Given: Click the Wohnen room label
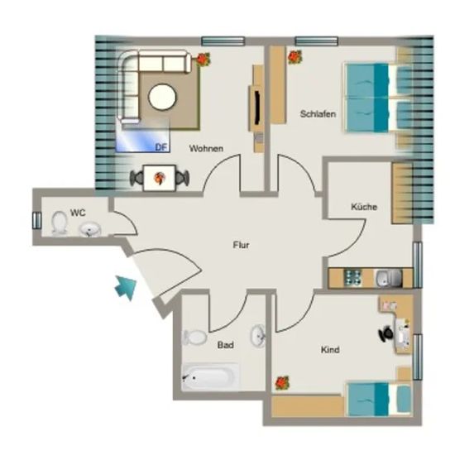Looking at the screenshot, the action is click(206, 149).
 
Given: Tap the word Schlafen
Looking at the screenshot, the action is click(318, 114).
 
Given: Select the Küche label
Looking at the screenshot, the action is click(364, 207).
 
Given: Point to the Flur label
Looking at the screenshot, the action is click(241, 245).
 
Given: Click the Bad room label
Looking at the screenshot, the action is click(226, 345).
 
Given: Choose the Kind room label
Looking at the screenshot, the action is click(330, 350).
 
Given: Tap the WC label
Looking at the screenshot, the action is click(78, 213).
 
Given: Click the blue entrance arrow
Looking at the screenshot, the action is click(126, 287).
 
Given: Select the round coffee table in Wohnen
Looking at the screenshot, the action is click(162, 97).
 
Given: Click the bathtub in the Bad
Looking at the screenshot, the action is click(211, 376).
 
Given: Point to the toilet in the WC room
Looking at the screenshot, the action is click(60, 223).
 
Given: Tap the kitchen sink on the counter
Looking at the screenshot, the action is click(389, 278).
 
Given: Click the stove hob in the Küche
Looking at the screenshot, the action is click(353, 277).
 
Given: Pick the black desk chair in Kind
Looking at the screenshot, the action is click(386, 333).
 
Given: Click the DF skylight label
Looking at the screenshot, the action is click(161, 147).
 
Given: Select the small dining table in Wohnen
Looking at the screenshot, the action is click(160, 178).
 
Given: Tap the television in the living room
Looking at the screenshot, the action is click(256, 108).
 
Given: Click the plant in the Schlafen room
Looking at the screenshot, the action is click(295, 57).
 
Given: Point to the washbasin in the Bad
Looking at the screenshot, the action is click(257, 336).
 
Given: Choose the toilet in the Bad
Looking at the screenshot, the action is click(194, 338).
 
